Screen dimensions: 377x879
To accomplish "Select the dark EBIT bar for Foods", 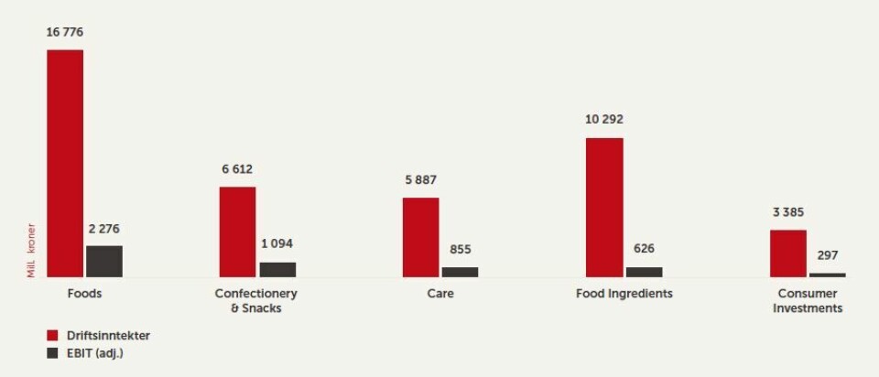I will tap(104, 262).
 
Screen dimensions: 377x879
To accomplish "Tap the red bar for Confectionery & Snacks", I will tap(237, 232).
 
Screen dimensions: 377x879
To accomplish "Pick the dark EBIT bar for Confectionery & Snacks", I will tap(277, 270).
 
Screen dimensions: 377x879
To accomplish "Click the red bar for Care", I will tap(421, 237).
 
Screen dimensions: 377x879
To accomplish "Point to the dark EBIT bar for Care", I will tap(460, 272).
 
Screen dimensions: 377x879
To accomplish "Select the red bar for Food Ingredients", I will tap(604, 208).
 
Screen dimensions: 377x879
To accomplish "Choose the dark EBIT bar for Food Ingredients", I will tap(644, 272).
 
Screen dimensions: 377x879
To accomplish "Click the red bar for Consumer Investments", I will tap(788, 253).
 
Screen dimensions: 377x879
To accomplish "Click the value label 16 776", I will tap(65, 32).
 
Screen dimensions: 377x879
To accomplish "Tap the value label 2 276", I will tap(104, 228).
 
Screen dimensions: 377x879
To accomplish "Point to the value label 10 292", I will tap(605, 120).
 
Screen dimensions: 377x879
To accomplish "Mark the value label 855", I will tap(461, 249).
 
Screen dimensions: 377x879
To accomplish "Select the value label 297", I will tap(828, 255).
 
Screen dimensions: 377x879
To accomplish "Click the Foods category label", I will tap(84, 294).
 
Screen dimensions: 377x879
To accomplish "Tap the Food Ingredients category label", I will tap(624, 294).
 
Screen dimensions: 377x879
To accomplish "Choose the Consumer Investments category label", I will tap(808, 301).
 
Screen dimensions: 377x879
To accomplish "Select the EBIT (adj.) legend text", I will tap(95, 352).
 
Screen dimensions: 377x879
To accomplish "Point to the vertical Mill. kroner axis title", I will tap(31, 250).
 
